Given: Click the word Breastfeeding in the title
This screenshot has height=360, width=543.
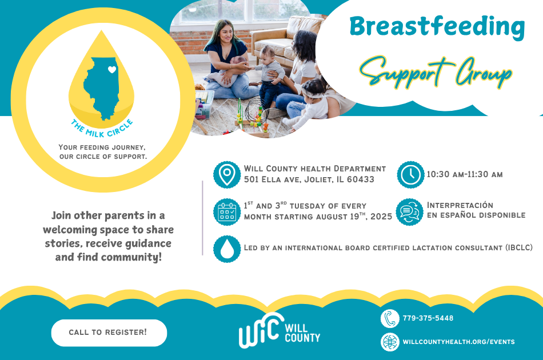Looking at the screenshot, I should (x=437, y=26).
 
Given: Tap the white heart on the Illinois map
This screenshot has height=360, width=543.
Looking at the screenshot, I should (x=112, y=70).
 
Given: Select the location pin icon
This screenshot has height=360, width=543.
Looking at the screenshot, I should (x=227, y=174).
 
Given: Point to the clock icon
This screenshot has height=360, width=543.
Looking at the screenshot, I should (x=410, y=174).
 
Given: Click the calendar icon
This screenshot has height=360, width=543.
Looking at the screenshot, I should (x=227, y=211).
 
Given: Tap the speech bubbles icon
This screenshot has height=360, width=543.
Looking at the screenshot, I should (x=410, y=211).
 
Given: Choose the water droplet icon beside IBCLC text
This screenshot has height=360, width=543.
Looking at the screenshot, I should (x=227, y=249).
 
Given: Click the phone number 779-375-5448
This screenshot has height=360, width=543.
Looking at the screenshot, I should (x=428, y=318).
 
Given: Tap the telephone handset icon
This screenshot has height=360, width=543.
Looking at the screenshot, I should (x=390, y=318).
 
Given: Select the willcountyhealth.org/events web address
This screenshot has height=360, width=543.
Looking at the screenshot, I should (x=458, y=342).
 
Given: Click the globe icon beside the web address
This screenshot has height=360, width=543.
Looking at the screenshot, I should (x=390, y=342).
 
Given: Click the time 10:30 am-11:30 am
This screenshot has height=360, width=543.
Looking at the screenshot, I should (x=465, y=174).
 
